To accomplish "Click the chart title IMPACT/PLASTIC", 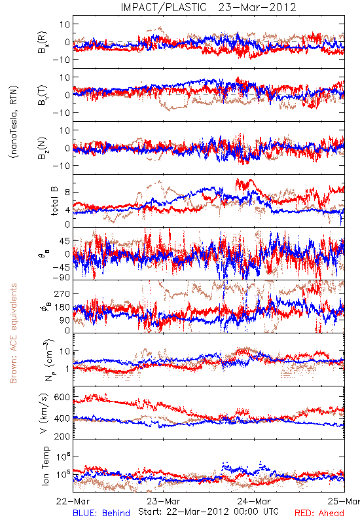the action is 164,7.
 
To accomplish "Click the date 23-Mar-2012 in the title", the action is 257,7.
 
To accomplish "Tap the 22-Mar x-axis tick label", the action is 73,501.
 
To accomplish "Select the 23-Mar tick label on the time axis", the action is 164,501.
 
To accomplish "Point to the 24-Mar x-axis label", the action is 254,501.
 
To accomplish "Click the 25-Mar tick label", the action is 344,501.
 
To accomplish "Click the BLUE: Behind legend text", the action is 101,514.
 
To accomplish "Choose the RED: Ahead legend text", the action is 319,514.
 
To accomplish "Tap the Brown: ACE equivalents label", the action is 13,333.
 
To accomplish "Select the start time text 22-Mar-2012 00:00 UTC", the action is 208,512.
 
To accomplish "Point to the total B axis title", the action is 55,201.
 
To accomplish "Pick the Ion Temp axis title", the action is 45,466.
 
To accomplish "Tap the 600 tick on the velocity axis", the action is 62,398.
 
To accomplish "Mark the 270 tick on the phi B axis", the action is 62,293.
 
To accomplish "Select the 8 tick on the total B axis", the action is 67,193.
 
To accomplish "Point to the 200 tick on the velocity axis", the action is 62,436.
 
